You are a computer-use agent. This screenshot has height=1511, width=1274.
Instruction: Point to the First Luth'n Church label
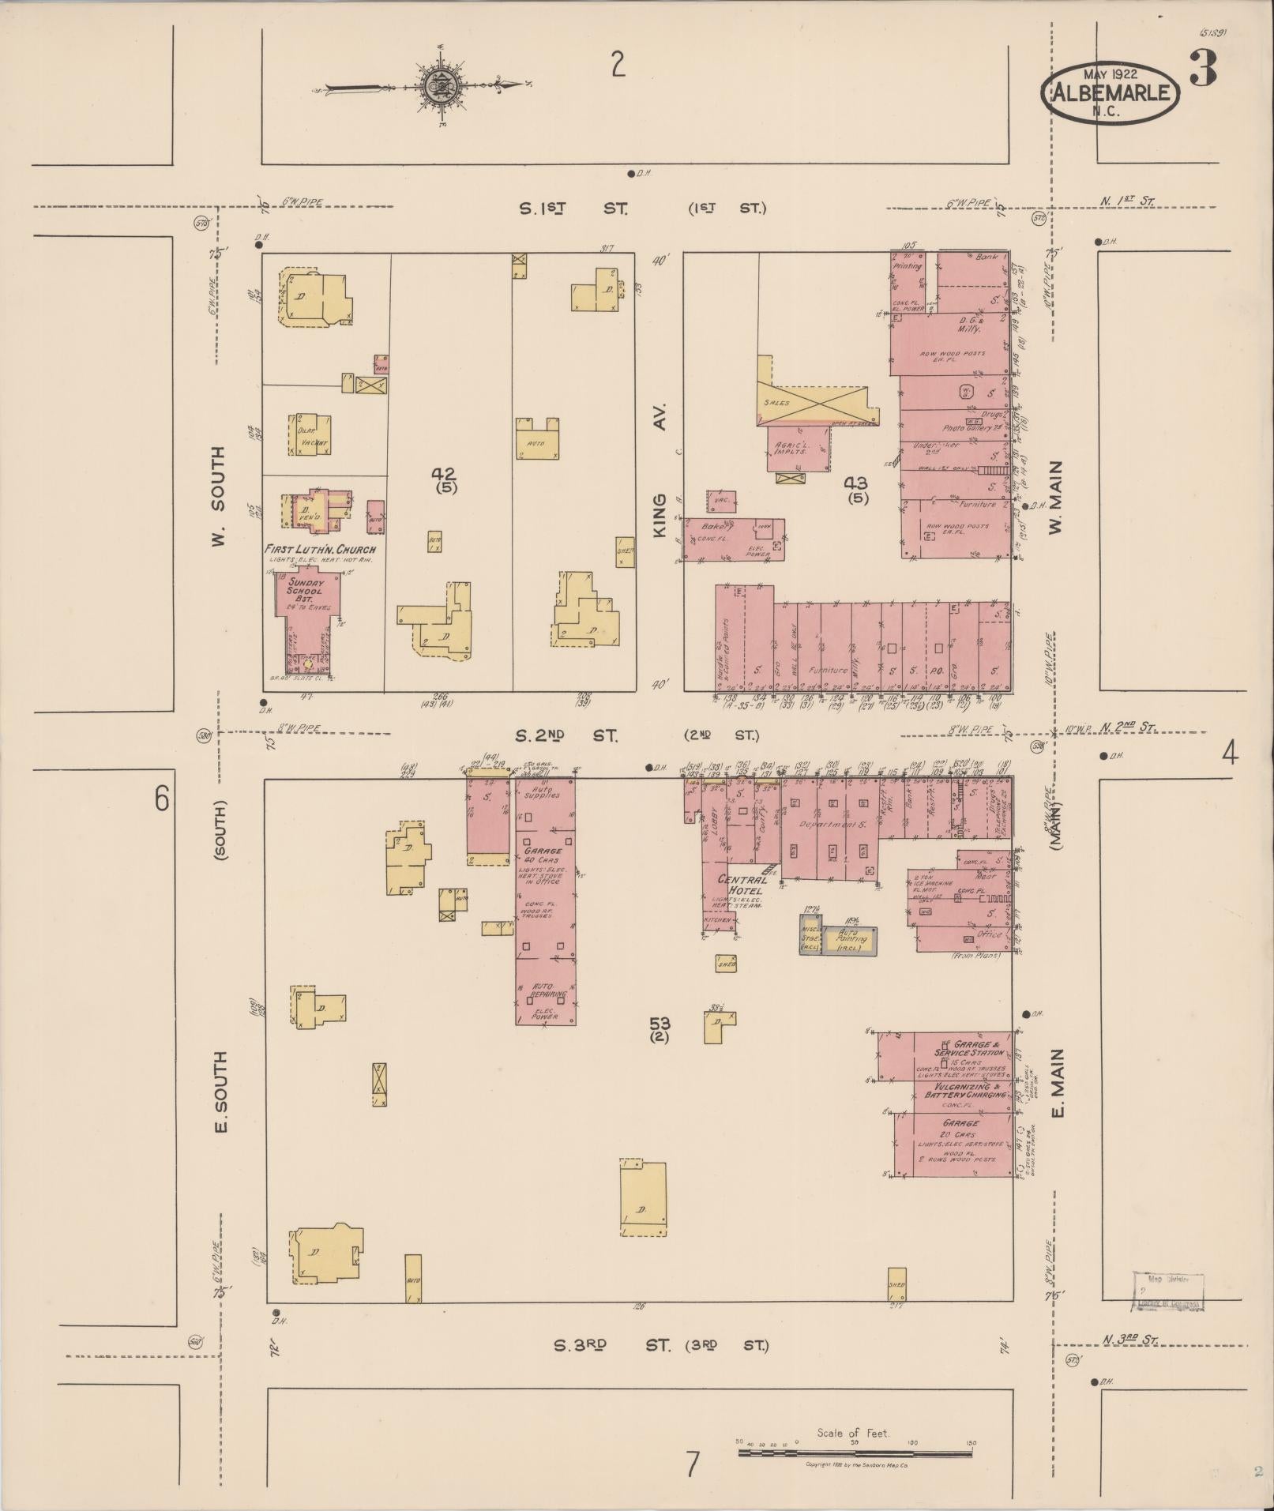321,550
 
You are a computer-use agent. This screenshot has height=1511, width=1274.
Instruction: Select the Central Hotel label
742,885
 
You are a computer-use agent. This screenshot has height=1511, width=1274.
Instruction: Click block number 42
443,474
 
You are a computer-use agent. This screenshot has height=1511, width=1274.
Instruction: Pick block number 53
660,1024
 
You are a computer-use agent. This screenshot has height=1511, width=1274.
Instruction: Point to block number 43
855,483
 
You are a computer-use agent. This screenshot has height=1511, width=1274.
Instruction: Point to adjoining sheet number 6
162,799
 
